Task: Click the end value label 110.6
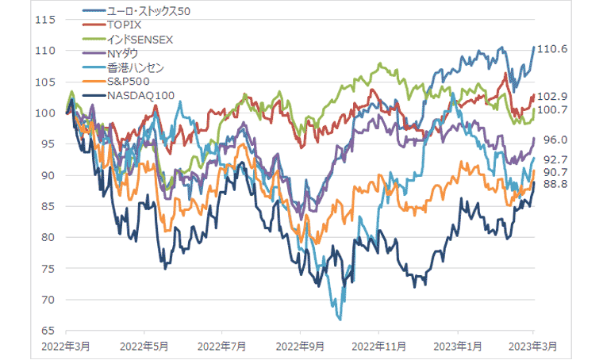[552, 49]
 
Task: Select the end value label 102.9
[552, 96]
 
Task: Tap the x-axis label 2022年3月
[67, 347]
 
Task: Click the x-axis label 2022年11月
[378, 347]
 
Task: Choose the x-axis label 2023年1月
[456, 347]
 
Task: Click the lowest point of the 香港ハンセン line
[340, 320]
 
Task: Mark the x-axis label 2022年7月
[222, 347]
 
